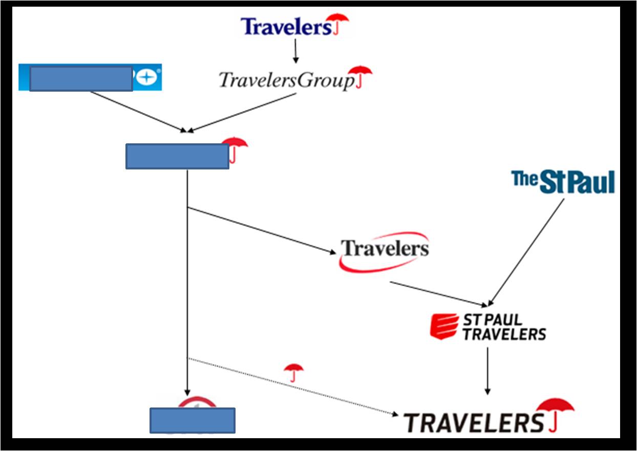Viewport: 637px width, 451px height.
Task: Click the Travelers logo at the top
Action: tap(294, 26)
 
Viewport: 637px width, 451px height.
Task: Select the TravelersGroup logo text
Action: tap(286, 80)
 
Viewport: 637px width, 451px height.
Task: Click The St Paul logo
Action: tap(563, 182)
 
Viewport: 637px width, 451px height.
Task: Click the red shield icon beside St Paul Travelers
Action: tap(444, 326)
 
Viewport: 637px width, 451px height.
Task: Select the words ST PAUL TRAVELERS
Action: tap(504, 327)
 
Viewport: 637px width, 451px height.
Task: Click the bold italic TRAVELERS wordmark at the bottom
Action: tap(473, 423)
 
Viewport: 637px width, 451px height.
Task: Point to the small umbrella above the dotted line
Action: tap(293, 372)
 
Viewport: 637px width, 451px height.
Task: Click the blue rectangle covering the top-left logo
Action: tap(81, 78)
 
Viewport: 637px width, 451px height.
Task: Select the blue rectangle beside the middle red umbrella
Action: tap(177, 156)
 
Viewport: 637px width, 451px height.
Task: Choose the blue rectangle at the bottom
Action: tap(192, 420)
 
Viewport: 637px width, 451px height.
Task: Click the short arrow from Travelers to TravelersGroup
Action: tap(295, 51)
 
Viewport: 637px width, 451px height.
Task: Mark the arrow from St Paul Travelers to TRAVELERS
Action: tap(487, 371)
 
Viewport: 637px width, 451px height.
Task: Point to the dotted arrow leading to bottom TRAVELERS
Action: tap(292, 386)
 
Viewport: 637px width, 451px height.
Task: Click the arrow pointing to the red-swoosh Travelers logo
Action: tap(262, 230)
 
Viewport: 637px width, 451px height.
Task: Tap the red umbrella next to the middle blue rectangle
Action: tap(235, 148)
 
